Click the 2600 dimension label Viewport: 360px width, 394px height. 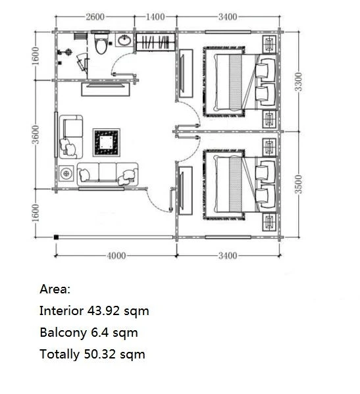point(95,17)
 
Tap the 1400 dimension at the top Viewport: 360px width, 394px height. point(155,17)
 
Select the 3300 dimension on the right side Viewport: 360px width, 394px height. point(298,82)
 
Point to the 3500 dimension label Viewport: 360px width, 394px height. point(298,184)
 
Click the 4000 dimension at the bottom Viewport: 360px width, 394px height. point(116,256)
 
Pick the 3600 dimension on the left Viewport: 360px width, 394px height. point(36,134)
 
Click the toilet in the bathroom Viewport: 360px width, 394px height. point(101,43)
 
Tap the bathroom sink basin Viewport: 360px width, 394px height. point(124,40)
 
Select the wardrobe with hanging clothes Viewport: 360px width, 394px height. point(156,42)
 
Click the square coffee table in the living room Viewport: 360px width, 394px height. point(107,143)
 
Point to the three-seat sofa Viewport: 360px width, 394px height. point(107,174)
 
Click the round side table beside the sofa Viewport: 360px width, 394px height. point(66,173)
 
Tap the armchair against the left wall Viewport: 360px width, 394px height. point(71,137)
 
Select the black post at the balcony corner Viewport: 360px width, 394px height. point(56,237)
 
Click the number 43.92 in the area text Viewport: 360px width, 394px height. point(103,311)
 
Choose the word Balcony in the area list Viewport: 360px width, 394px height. point(63,333)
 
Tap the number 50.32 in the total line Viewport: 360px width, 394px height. point(100,355)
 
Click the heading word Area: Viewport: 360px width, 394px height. point(55,289)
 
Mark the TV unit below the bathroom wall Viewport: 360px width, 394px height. point(105,89)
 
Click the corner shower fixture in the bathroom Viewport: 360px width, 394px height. point(82,63)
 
